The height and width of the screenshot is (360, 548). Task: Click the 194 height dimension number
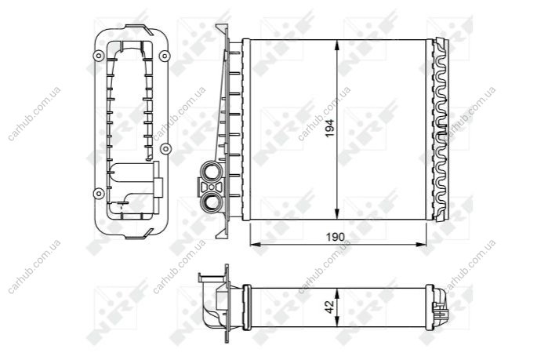click(329, 129)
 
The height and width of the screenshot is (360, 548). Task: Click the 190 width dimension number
click(336, 238)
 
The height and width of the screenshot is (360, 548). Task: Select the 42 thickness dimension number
click(330, 307)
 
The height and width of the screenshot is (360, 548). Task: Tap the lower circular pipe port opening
click(211, 202)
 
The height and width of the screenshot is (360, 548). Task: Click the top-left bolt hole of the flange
click(99, 56)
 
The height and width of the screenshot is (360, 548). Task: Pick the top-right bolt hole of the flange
click(165, 56)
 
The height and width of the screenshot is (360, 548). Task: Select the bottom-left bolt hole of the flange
click(99, 193)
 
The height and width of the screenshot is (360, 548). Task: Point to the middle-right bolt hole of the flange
click(165, 149)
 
